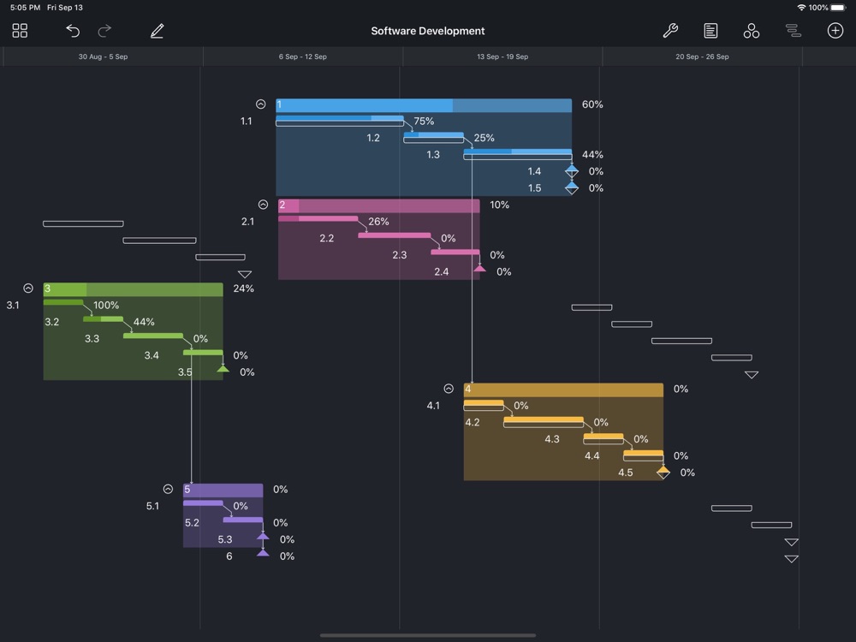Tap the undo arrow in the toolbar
pos(73,31)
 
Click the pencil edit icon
pos(157,31)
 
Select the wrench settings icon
pos(670,31)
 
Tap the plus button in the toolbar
pos(835,31)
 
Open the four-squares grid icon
pos(21,31)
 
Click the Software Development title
pos(428,31)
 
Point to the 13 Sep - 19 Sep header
pos(502,56)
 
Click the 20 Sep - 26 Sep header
pos(702,56)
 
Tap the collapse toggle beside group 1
pos(261,104)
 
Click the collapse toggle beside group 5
pos(169,490)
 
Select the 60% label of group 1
pos(592,104)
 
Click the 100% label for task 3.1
pos(106,306)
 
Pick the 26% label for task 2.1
pos(378,222)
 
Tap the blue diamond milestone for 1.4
pos(572,171)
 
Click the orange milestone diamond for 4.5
pos(663,472)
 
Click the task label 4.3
pos(552,439)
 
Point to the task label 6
pos(229,556)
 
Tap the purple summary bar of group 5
pos(223,490)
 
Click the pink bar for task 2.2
pos(394,235)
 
